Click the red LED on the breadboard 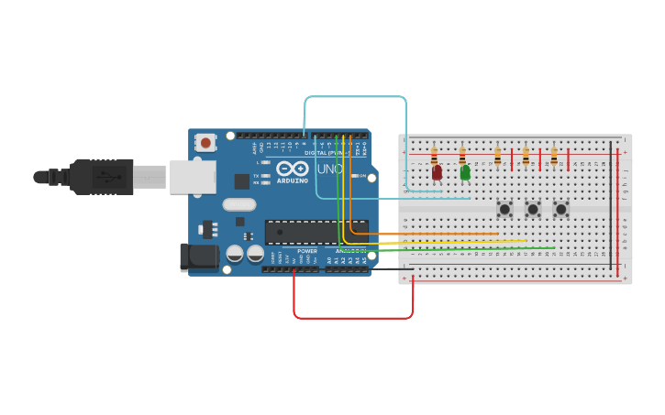tap(437, 172)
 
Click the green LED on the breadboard tap(465, 172)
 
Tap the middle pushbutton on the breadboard tap(533, 209)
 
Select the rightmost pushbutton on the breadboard tap(561, 209)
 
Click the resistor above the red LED tap(434, 157)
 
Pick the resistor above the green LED tap(462, 157)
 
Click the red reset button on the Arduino tap(205, 142)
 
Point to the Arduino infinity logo tap(293, 169)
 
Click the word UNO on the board tap(328, 169)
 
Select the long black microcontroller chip tap(316, 232)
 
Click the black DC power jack tap(198, 257)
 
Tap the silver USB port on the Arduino tap(192, 177)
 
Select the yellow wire tap(459, 241)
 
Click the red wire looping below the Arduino tap(353, 318)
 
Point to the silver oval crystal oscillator tap(238, 205)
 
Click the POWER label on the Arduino tap(307, 251)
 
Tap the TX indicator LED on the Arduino tap(266, 176)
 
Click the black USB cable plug tap(101, 176)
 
